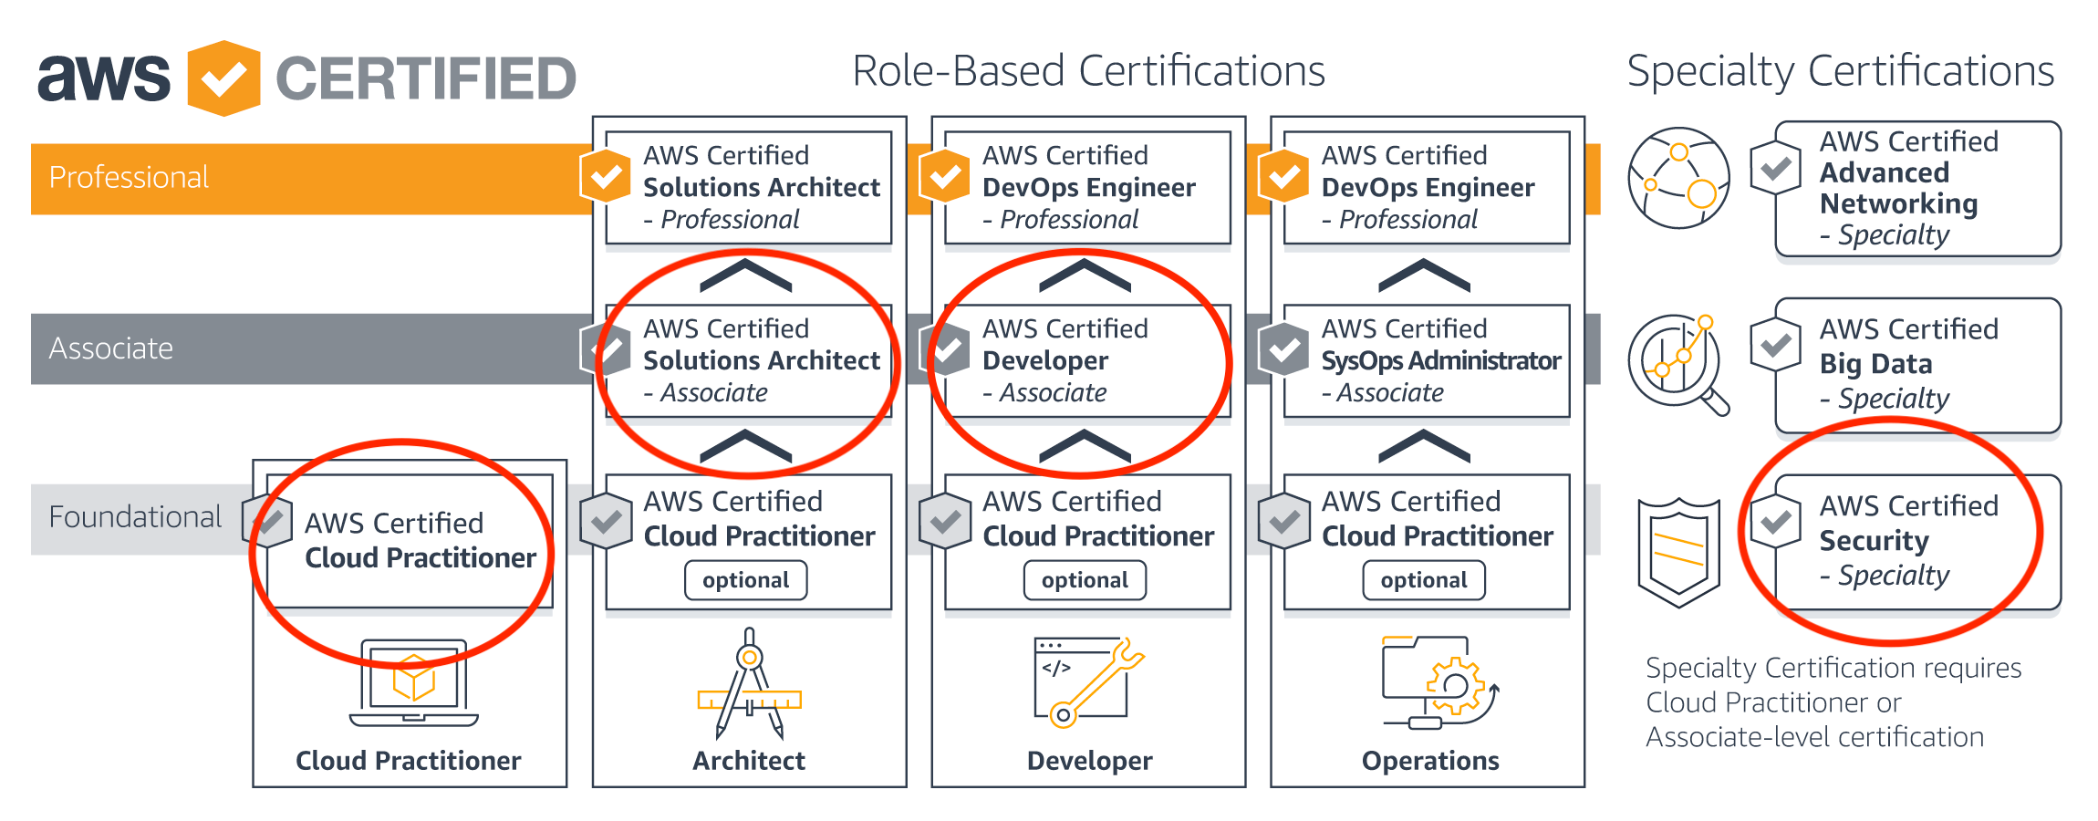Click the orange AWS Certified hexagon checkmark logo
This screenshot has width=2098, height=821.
coord(223,78)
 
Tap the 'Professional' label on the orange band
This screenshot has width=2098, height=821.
coord(129,177)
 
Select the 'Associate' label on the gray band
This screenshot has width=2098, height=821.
coord(110,348)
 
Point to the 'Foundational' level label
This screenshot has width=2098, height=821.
coord(135,517)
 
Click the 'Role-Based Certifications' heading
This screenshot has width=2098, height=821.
coord(1088,71)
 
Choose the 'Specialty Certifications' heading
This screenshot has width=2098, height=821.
coord(1840,71)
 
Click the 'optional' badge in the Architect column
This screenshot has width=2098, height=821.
coord(745,580)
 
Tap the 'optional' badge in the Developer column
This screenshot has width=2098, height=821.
coord(1085,580)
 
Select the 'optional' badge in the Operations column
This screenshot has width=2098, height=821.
coord(1424,580)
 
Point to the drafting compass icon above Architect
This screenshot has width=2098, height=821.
coord(749,684)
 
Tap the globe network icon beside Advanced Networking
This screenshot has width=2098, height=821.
coord(1678,178)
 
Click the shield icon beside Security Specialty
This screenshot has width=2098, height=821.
coord(1678,552)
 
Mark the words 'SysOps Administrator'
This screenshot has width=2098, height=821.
coord(1441,361)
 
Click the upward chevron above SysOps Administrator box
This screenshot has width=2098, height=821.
coord(1424,275)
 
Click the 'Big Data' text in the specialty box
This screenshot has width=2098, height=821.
coord(1875,364)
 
